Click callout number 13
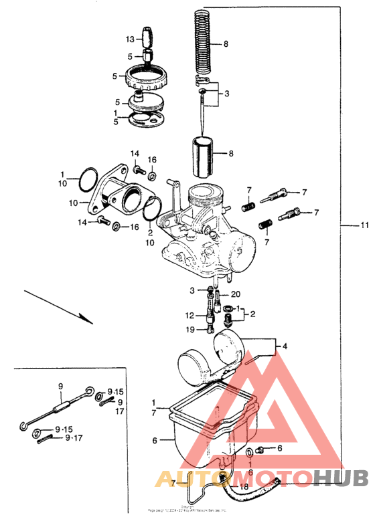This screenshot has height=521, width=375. [131, 40]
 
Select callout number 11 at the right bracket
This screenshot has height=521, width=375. [364, 226]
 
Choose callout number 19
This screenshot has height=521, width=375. [191, 329]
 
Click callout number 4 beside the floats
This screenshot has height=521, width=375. [285, 346]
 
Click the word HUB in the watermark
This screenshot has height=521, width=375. [341, 479]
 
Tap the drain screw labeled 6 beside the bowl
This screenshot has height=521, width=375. [260, 449]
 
